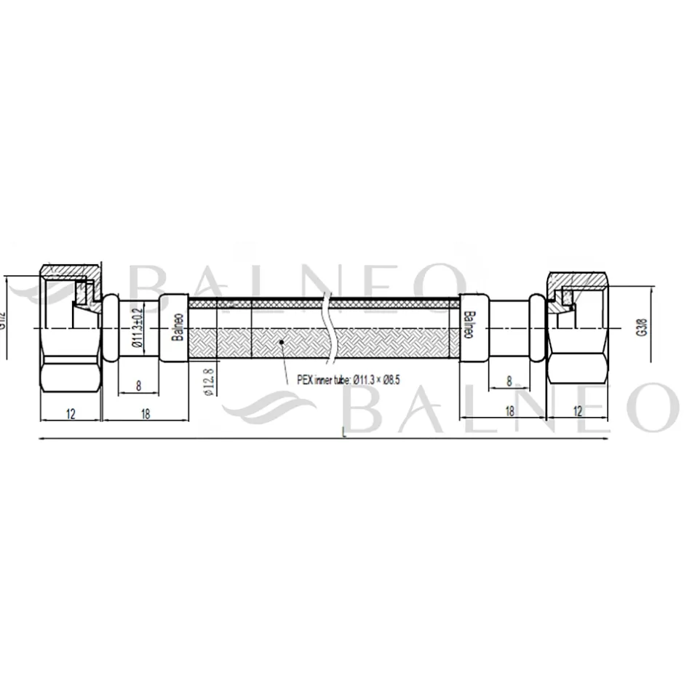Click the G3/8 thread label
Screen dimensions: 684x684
641,327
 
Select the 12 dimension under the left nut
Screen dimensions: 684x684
71,413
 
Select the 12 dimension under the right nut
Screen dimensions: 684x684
578,411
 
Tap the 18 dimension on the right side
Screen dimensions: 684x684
509,411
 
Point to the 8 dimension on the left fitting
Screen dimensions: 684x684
138,386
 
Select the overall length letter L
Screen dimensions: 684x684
342,435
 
